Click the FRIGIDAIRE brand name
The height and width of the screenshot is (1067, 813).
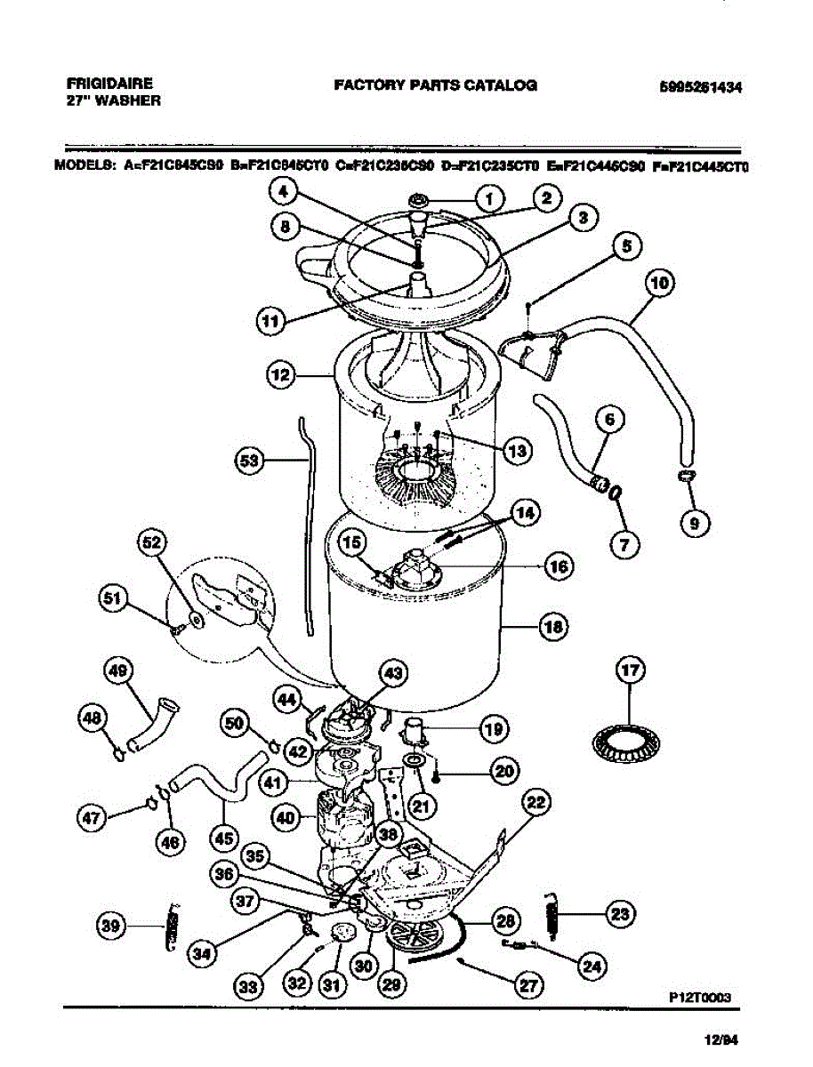point(109,84)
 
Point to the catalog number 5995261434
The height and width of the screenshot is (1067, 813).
point(701,87)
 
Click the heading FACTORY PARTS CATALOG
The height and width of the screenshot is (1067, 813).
point(435,85)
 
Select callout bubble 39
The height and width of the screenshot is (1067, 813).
point(111,926)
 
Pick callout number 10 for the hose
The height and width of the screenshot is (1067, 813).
point(659,284)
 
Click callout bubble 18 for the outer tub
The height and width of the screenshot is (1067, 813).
point(553,627)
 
